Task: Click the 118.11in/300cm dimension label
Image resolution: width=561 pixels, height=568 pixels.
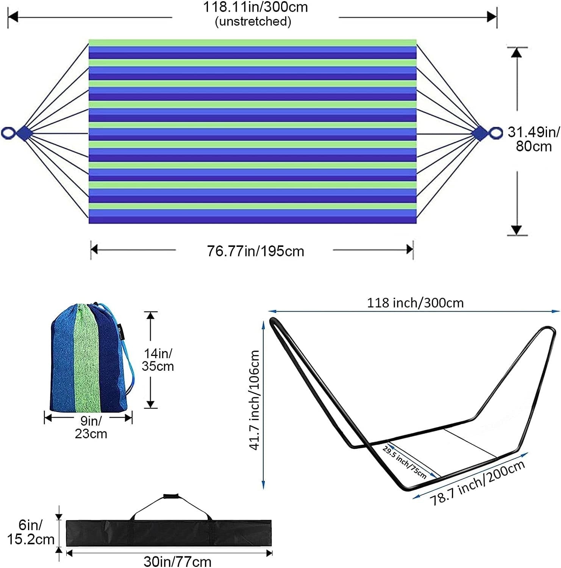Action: click(255, 7)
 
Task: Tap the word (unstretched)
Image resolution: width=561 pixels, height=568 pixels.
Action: click(253, 21)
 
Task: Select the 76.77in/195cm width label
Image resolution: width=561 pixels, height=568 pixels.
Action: click(255, 251)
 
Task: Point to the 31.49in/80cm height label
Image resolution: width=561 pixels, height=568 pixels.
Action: click(534, 139)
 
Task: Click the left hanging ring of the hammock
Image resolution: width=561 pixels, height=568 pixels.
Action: click(8, 133)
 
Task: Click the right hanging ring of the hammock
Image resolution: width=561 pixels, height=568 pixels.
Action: click(495, 133)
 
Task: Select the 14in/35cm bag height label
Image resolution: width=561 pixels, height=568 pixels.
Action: click(158, 360)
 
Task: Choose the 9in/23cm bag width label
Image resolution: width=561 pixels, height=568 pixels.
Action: click(91, 427)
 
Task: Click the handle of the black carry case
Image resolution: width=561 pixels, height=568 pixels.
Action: click(170, 496)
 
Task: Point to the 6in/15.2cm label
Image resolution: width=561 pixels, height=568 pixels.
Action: click(31, 532)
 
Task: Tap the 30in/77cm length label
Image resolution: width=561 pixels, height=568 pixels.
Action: click(177, 561)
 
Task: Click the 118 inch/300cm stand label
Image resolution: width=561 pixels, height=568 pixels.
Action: click(415, 303)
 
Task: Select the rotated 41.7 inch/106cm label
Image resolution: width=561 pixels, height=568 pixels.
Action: click(254, 400)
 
